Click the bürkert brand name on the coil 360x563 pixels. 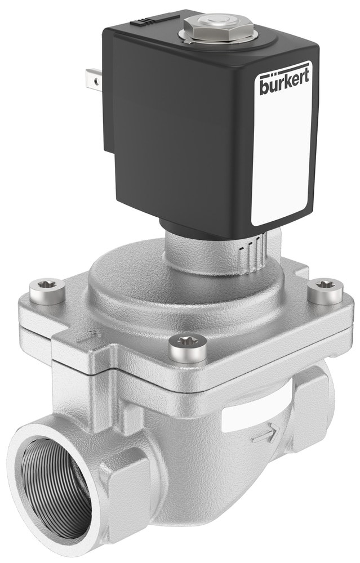click(x=285, y=84)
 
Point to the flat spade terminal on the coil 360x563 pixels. click(x=94, y=80)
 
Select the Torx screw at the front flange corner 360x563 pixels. click(x=187, y=347)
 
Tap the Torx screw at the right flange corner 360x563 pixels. click(x=325, y=290)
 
